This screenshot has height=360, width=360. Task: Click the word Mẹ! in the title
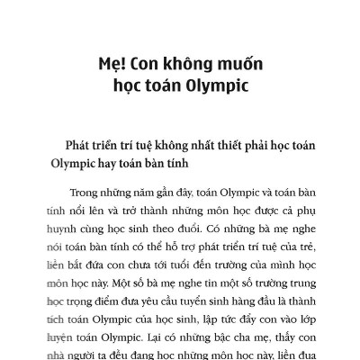tap(113, 65)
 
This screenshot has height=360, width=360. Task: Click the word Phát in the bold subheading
tap(73, 146)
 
